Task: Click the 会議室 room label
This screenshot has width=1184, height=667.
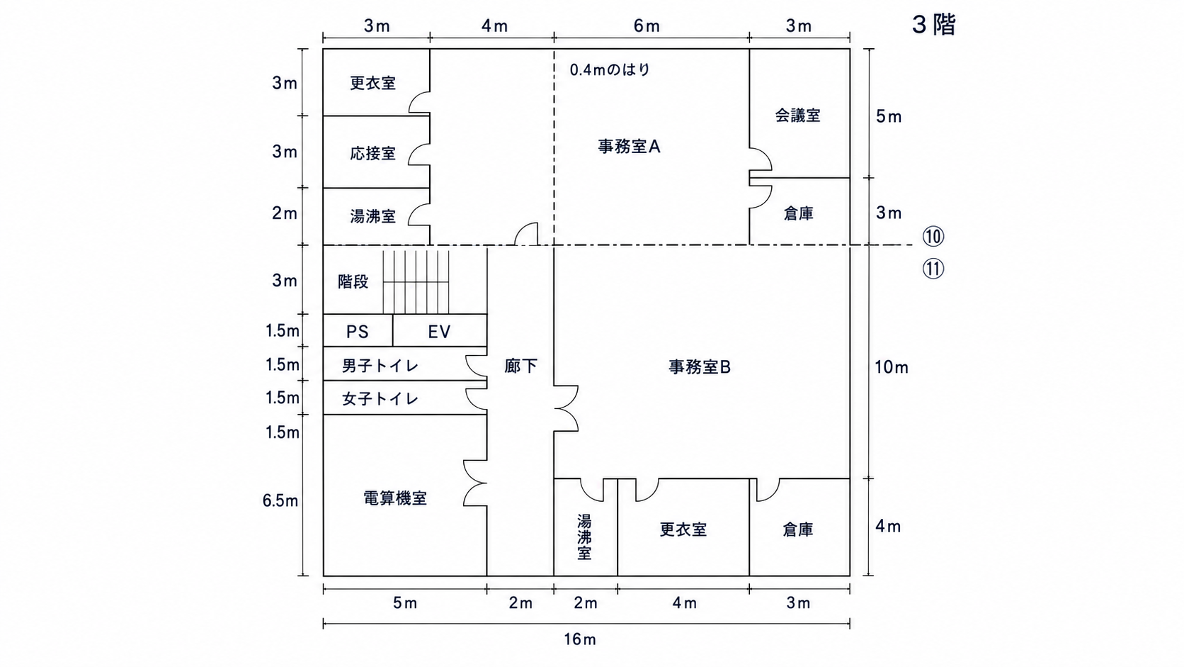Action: point(797,116)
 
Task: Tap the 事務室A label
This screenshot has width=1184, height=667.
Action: point(629,147)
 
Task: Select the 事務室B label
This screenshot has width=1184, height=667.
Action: point(700,366)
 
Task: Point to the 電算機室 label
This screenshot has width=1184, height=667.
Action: point(395,498)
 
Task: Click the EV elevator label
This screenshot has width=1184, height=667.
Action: point(439,332)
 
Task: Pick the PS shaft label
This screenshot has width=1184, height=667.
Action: point(358,332)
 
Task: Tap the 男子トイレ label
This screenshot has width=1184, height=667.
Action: point(380,366)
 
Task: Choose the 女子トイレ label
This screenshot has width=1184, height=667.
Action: point(380,398)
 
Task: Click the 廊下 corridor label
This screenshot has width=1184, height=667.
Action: point(520,366)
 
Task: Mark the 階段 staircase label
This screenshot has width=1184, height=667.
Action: point(353,281)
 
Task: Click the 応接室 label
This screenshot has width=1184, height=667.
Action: point(372,153)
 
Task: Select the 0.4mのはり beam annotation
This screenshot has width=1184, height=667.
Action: point(610,70)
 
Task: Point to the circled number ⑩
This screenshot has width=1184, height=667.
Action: point(933,237)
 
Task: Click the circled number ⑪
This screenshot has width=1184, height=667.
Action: point(933,269)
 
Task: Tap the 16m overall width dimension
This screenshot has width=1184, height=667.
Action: point(580,639)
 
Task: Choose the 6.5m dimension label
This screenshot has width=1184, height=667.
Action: point(280,500)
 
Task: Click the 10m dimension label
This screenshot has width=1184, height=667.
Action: point(892,367)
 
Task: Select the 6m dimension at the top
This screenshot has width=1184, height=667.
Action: point(647,26)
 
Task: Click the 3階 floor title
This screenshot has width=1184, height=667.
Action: point(934,25)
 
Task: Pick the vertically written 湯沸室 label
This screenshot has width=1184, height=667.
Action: point(584,537)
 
